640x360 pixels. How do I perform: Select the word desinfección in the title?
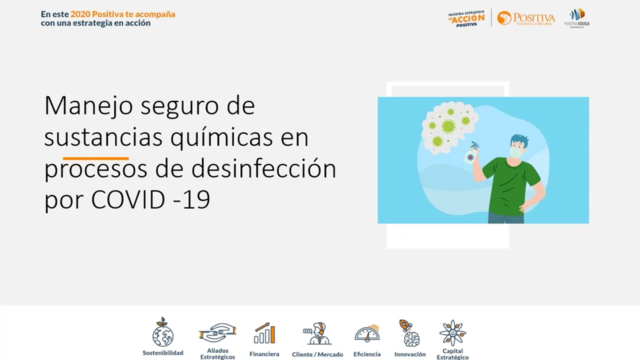(263, 169)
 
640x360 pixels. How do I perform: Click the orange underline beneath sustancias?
(96, 158)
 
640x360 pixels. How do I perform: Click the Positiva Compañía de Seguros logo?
(526, 18)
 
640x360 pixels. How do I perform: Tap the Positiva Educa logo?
(577, 17)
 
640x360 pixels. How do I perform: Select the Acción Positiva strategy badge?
(466, 18)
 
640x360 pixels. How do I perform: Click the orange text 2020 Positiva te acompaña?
(122, 14)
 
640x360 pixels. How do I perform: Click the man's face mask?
(515, 151)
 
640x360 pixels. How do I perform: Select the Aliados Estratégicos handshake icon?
(217, 332)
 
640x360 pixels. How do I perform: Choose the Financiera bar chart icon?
(264, 333)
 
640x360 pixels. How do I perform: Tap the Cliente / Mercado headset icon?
(317, 333)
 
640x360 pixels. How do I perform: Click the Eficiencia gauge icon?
(367, 333)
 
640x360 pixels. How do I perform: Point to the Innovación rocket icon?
(409, 332)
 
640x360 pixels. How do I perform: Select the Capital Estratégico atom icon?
(452, 332)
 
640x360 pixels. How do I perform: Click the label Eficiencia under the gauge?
(367, 354)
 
